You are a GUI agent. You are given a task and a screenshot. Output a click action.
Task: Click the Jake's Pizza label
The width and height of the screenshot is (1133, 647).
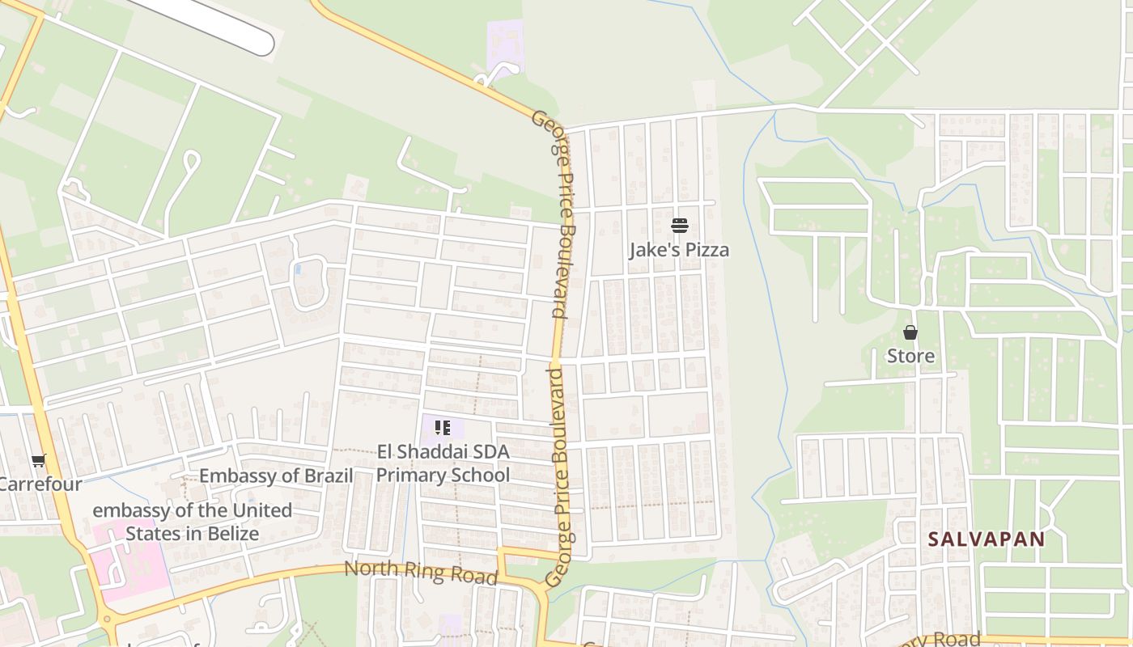click(679, 250)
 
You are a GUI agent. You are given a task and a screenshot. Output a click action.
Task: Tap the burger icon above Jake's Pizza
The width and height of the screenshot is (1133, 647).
click(679, 226)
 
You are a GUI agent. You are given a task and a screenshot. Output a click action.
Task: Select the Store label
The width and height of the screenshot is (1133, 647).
click(910, 356)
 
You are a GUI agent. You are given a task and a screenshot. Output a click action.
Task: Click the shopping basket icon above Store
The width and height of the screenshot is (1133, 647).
click(910, 332)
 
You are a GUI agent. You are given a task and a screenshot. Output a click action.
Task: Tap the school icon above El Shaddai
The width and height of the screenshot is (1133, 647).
click(442, 427)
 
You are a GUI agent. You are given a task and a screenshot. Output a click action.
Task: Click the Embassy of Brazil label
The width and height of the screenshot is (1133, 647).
click(276, 476)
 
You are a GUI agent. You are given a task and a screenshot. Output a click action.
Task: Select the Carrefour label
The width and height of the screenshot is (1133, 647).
click(40, 485)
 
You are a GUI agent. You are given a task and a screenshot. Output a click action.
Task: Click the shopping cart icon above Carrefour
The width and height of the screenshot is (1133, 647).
click(39, 461)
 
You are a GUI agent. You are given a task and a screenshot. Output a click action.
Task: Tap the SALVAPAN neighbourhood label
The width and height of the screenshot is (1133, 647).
click(987, 539)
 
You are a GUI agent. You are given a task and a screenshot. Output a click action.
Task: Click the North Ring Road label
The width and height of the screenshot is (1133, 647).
click(420, 572)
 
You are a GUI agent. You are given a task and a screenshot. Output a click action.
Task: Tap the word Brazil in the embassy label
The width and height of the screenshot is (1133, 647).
click(329, 476)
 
